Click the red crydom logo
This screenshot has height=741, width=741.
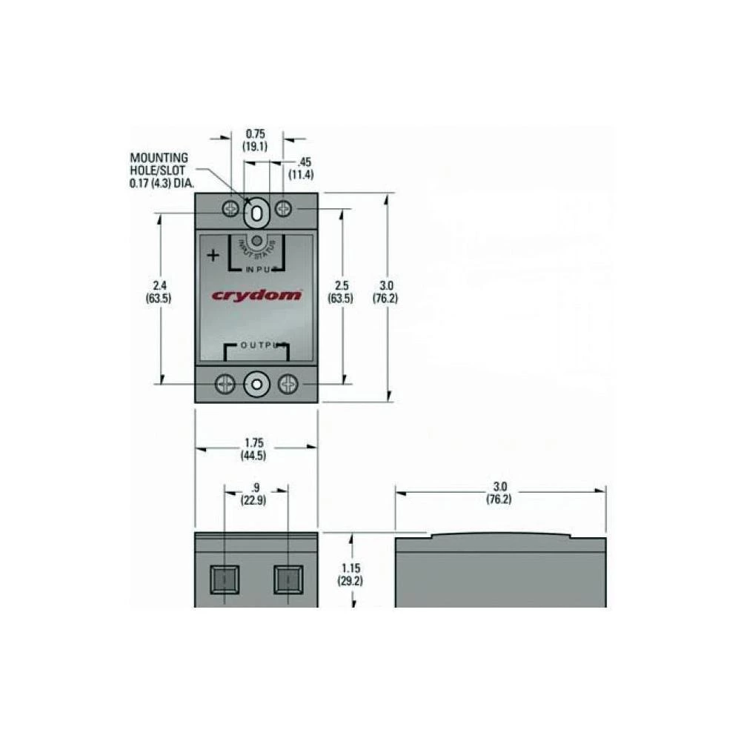click(256, 296)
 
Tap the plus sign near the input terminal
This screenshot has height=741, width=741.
click(213, 256)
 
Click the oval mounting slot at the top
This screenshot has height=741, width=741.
click(256, 212)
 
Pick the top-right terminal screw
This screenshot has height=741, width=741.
click(283, 210)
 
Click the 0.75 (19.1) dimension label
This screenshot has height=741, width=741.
click(255, 140)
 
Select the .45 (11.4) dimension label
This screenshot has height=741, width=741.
click(302, 168)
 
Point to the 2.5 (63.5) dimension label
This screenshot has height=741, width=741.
click(341, 292)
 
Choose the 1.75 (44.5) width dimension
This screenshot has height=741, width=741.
click(253, 449)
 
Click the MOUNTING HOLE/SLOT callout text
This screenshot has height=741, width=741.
click(159, 169)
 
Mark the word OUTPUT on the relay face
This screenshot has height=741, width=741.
click(256, 346)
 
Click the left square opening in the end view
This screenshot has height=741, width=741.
click(225, 578)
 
